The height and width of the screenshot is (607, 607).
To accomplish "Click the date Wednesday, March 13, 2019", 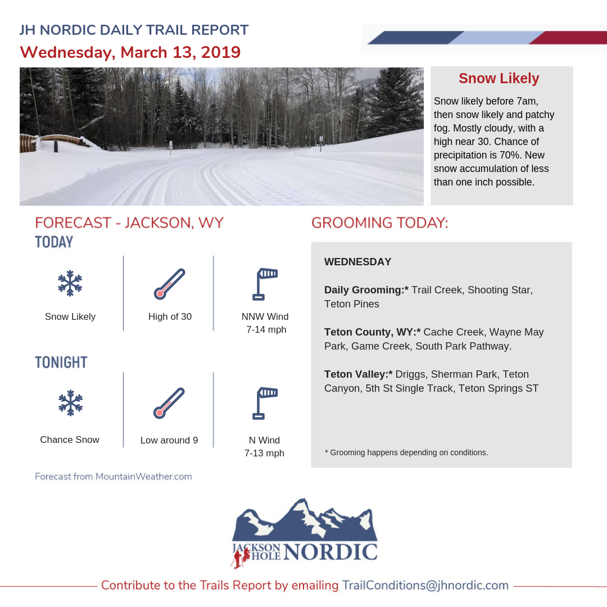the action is tap(130, 52).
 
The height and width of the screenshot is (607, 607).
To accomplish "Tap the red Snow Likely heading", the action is tap(499, 79).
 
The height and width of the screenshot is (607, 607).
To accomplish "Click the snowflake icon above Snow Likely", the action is tap(70, 283).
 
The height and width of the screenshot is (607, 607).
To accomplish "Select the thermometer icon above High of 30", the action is tap(170, 284).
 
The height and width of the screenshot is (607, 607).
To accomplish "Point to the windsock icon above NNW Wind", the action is tap(265, 284).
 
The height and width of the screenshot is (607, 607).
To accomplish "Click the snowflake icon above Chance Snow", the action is tap(70, 403).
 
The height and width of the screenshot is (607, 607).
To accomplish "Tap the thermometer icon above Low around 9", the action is tap(169, 403).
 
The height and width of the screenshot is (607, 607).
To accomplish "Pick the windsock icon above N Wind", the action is tap(265, 403).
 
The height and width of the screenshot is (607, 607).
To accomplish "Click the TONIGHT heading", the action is tap(61, 363).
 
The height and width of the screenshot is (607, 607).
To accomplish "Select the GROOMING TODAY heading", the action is tap(380, 223).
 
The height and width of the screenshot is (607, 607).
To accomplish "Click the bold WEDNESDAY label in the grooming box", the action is tap(357, 262).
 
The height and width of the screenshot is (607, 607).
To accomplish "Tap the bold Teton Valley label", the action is tap(358, 374).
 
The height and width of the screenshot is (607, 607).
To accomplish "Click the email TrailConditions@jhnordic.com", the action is tap(425, 585).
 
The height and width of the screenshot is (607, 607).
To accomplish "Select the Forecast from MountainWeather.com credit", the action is tap(114, 477).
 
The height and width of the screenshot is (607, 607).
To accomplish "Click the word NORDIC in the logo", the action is tap(330, 552).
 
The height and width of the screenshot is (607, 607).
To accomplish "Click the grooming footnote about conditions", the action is tap(406, 452).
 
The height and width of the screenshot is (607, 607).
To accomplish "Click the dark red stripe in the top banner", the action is tap(568, 38).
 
